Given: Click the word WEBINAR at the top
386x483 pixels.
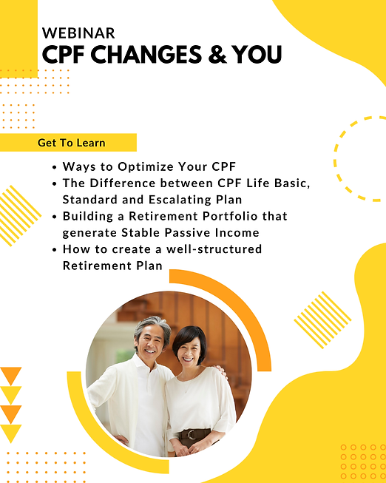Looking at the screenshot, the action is tap(78, 33).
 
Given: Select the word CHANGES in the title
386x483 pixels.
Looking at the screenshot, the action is tap(146, 55).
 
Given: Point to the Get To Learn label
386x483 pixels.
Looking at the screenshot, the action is tap(72, 143).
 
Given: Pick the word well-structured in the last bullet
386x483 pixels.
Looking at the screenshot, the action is tap(214, 249).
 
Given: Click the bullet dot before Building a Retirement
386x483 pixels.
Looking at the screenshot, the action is tap(55, 217).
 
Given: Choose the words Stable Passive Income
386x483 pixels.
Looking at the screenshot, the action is tap(190, 232).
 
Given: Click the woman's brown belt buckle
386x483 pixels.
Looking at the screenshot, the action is tap(192, 434).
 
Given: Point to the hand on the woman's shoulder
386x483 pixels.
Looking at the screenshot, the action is tap(220, 370).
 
